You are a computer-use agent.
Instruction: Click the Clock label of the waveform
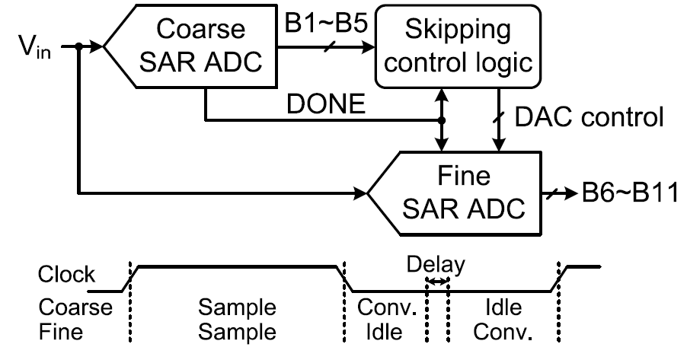coord(67,274)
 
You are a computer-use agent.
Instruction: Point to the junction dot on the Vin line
coord(78,47)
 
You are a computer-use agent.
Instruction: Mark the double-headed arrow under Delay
coord(437,282)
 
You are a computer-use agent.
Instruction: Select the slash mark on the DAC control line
coord(500,117)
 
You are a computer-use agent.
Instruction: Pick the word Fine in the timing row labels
coord(63,332)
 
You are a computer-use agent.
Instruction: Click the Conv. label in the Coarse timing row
coord(385,309)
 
